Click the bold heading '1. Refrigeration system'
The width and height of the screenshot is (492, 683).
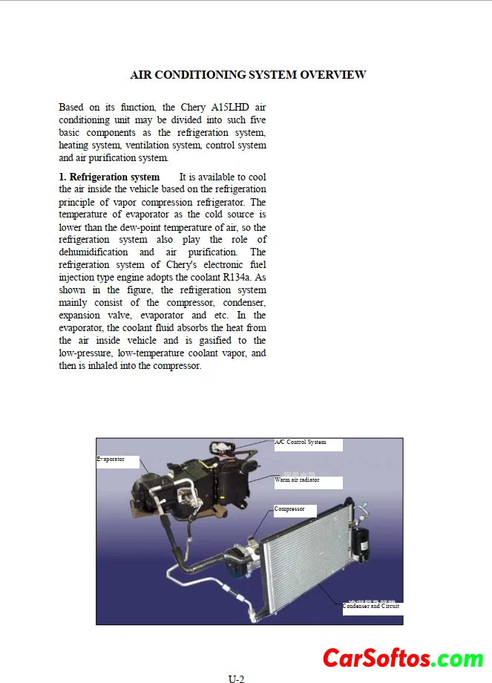[x=109, y=177]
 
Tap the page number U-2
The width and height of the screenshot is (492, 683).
[x=236, y=678]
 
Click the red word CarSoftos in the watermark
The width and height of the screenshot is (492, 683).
[x=376, y=658]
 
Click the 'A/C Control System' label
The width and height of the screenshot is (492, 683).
[x=301, y=442]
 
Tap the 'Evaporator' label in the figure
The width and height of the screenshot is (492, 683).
[x=111, y=460]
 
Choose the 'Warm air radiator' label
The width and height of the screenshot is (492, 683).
[x=297, y=480]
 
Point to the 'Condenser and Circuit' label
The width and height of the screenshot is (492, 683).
[x=371, y=606]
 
